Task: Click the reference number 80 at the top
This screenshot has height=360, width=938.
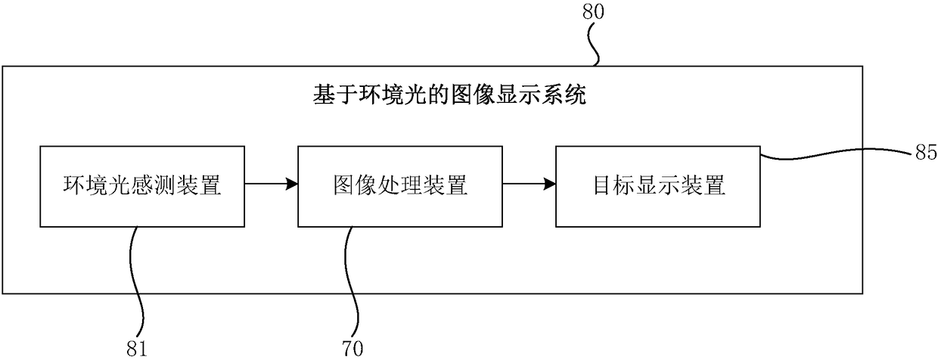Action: tap(593, 12)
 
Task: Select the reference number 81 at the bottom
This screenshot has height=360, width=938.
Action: tap(139, 349)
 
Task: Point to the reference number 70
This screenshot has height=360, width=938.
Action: tap(352, 349)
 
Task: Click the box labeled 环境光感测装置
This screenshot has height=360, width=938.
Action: tap(141, 186)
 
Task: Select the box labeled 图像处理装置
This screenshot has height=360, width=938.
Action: tap(399, 186)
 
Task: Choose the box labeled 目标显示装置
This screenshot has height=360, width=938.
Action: tap(657, 186)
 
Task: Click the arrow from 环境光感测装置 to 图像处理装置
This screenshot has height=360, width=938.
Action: tap(272, 183)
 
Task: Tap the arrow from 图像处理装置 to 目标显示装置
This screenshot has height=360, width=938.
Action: tap(529, 183)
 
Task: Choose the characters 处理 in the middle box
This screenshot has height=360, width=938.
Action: tap(399, 186)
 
